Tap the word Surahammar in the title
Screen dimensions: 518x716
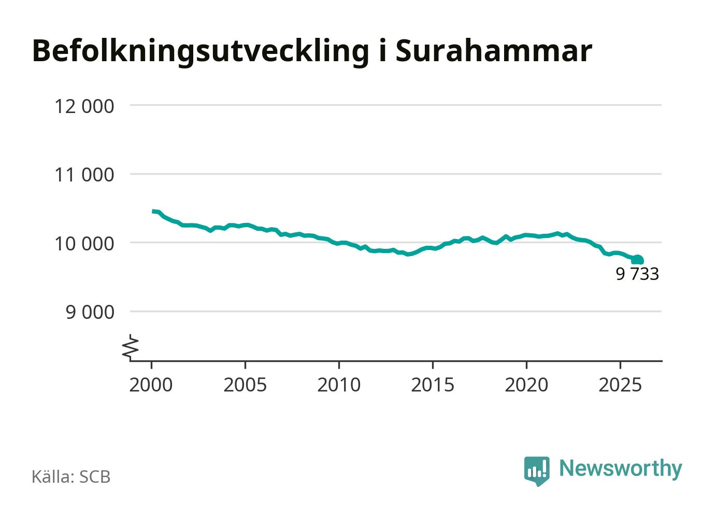pyautogui.click(x=493, y=50)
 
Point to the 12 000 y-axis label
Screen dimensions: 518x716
pyautogui.click(x=84, y=106)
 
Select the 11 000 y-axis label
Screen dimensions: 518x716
pyautogui.click(x=84, y=175)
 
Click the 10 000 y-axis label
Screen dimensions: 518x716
pyautogui.click(x=84, y=243)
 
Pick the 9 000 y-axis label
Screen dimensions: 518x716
pyautogui.click(x=90, y=312)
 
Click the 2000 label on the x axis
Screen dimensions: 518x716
pyautogui.click(x=151, y=385)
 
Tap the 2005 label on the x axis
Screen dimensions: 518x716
pyautogui.click(x=245, y=385)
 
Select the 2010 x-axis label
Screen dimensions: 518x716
pyautogui.click(x=338, y=385)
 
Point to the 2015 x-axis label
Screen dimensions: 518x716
pyautogui.click(x=432, y=385)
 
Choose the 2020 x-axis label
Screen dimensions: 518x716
pyautogui.click(x=526, y=385)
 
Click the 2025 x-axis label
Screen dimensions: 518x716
pyautogui.click(x=620, y=385)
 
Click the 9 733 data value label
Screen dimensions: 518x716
pyautogui.click(x=637, y=274)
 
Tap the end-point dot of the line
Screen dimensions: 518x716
pyautogui.click(x=638, y=260)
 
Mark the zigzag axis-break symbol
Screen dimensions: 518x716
pyautogui.click(x=131, y=347)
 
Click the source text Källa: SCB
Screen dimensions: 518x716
pyautogui.click(x=71, y=477)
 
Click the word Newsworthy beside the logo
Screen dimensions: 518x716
pyautogui.click(x=620, y=468)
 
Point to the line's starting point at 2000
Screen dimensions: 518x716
pyautogui.click(x=153, y=211)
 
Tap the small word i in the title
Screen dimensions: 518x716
pyautogui.click(x=382, y=50)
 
